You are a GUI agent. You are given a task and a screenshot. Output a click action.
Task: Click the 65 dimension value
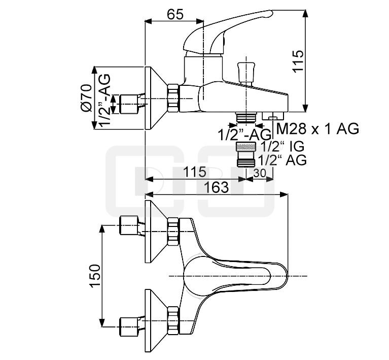click(175, 14)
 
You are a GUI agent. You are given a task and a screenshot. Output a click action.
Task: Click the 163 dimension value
click(216, 187)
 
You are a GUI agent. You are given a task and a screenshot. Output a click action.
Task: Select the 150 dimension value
click(95, 276)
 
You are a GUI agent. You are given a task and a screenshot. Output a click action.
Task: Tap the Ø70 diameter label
click(86, 98)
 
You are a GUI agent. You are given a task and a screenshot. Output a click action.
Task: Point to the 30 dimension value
click(260, 173)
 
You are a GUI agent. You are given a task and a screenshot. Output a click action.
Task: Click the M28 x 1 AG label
click(317, 128)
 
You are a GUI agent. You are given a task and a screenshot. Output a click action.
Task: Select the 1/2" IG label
click(282, 147)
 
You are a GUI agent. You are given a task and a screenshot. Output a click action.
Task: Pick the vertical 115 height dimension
click(298, 61)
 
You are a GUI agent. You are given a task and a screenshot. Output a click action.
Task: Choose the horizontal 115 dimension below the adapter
click(195, 172)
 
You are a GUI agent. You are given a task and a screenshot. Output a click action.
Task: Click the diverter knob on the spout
click(245, 72)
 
